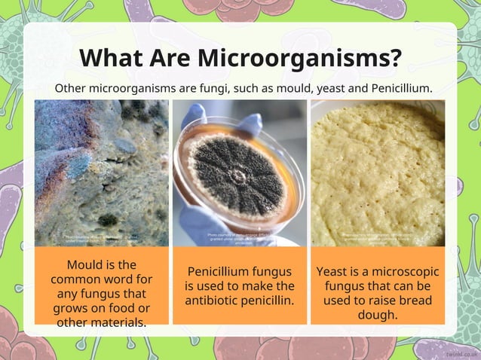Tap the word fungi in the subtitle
coord(225,88)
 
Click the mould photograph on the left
coord(102,173)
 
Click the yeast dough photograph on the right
coord(378,173)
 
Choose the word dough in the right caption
coord(378,315)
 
